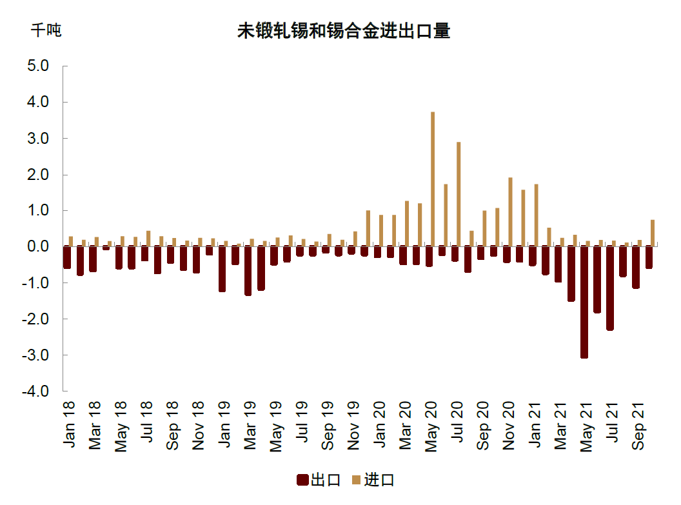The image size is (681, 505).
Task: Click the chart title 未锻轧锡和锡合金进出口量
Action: point(343,30)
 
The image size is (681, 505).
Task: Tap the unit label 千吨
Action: point(46,30)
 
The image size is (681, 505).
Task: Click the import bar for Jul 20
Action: point(459,193)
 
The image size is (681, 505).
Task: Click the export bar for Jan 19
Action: point(222,269)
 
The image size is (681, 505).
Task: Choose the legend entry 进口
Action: point(373,480)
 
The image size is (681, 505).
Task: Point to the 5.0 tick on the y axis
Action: point(39,66)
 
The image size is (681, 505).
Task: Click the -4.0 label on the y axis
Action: point(37,391)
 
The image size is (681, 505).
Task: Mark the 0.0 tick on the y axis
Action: point(39,246)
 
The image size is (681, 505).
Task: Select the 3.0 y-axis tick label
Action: point(39,138)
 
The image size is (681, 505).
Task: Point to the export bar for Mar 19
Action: point(248,271)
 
